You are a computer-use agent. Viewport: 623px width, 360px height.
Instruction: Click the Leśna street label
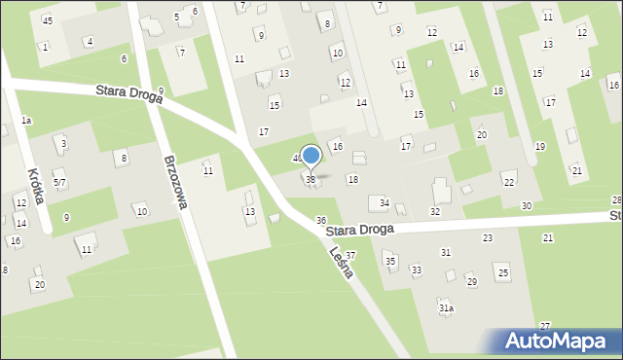tap(341, 262)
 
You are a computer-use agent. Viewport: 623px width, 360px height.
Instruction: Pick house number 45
tap(48, 20)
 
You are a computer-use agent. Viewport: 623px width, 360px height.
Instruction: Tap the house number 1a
tap(26, 120)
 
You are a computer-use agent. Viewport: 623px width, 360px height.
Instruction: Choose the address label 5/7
tap(59, 182)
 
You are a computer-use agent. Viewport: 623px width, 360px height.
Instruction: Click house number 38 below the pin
tap(311, 180)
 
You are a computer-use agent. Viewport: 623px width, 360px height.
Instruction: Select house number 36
tap(321, 221)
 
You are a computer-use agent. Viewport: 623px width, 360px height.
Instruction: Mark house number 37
tap(350, 255)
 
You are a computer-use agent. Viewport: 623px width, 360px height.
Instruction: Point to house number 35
tap(389, 261)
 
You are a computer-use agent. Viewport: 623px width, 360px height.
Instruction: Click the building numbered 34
tap(384, 202)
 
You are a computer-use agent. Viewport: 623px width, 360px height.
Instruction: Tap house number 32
tap(435, 211)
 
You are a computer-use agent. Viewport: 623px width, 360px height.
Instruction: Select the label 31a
tap(446, 307)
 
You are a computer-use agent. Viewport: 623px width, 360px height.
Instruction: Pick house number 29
tap(472, 282)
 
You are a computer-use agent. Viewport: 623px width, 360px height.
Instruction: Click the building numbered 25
tap(503, 272)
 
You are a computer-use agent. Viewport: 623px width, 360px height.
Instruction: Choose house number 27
tap(545, 325)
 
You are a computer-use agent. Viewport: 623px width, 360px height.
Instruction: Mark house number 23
tap(488, 237)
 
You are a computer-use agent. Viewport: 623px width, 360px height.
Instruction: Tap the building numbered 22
tap(509, 182)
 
